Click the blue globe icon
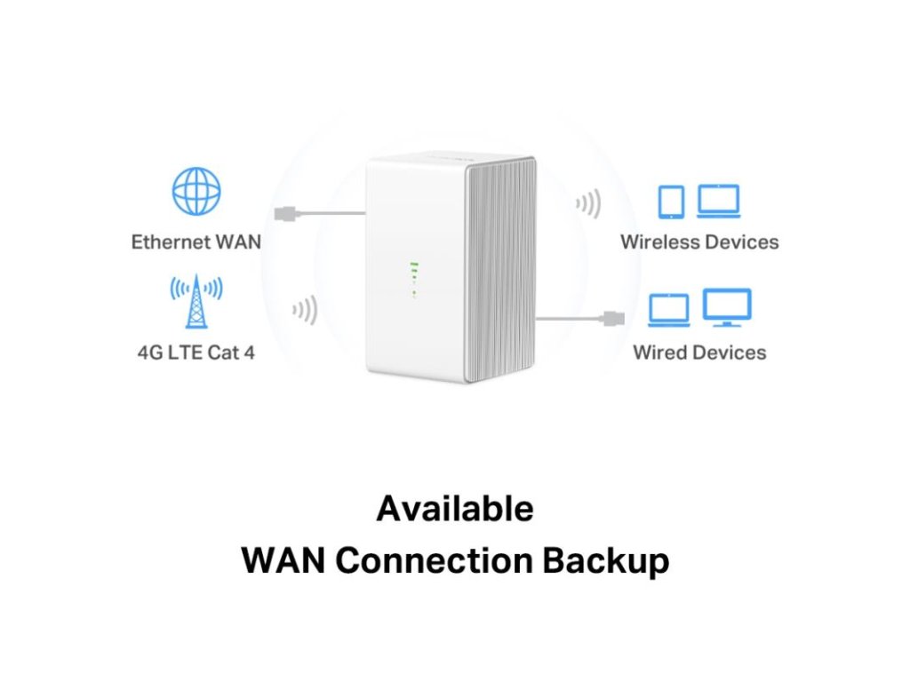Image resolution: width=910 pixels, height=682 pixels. coord(196,191)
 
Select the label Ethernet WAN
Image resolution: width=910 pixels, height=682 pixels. coord(196,242)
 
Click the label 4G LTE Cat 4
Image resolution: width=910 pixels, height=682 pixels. coord(196,352)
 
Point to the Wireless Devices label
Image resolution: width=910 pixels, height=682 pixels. coord(699,242)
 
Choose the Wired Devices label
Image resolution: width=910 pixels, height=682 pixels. coord(699,352)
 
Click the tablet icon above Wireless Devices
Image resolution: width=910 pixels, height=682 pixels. coord(671,202)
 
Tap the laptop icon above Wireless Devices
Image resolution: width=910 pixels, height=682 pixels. coord(718,202)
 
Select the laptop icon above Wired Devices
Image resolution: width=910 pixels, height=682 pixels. coord(669,310)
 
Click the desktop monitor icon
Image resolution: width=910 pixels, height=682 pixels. coord(727,307)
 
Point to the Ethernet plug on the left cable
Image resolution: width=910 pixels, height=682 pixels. coord(287,213)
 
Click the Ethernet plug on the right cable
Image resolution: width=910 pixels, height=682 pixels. coord(613,318)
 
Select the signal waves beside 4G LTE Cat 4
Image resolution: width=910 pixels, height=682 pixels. coord(305,311)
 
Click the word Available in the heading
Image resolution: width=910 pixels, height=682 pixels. coord(455,509)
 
